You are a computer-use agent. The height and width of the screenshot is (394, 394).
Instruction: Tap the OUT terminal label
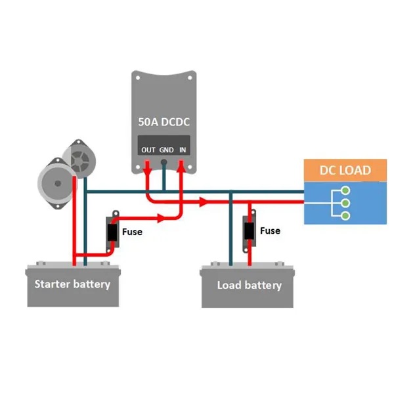pos(148,150)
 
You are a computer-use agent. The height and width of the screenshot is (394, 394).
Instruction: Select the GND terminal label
pos(166,150)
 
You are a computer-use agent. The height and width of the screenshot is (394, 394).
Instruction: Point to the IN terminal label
pos(183,150)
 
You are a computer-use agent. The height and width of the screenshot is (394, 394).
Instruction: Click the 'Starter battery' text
pos(72,284)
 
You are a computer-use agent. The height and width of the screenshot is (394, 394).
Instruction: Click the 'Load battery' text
pos(249,285)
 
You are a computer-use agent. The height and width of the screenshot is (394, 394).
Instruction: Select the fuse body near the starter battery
pos(112,232)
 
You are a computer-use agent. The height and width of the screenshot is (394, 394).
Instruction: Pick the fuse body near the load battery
pos(249,231)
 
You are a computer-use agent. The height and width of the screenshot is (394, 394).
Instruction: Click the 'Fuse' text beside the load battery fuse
pos(270,230)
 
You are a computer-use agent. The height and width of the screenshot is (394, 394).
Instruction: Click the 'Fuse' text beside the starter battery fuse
pos(132,232)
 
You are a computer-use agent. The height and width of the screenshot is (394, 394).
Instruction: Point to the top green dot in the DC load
pos(343,191)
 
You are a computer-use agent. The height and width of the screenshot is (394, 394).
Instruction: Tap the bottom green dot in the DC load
pos(343,215)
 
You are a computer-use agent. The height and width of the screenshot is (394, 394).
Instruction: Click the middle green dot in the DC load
pos(343,203)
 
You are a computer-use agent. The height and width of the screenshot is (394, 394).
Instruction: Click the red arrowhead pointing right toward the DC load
pos(204,202)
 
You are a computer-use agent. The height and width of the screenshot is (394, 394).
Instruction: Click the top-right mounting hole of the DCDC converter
pos(191,77)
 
